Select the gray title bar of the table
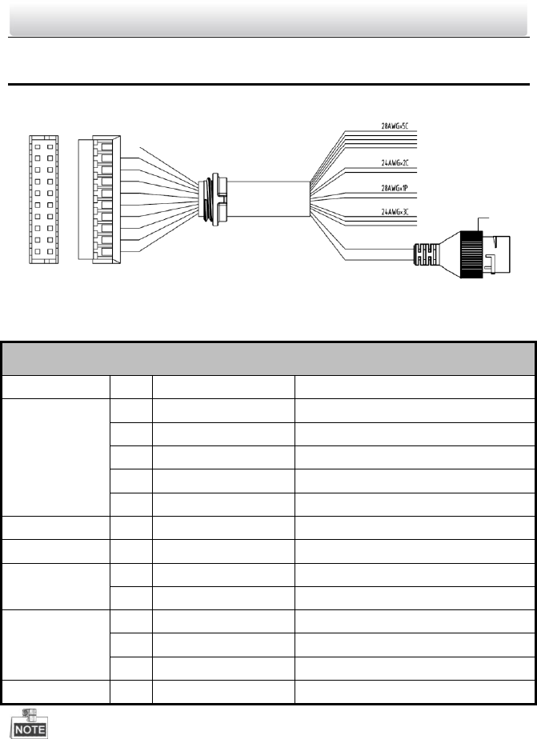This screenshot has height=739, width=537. click(x=268, y=358)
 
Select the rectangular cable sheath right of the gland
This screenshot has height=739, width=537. click(x=269, y=198)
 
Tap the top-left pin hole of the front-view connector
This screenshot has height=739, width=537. click(x=37, y=146)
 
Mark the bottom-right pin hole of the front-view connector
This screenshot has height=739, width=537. click(x=50, y=251)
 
